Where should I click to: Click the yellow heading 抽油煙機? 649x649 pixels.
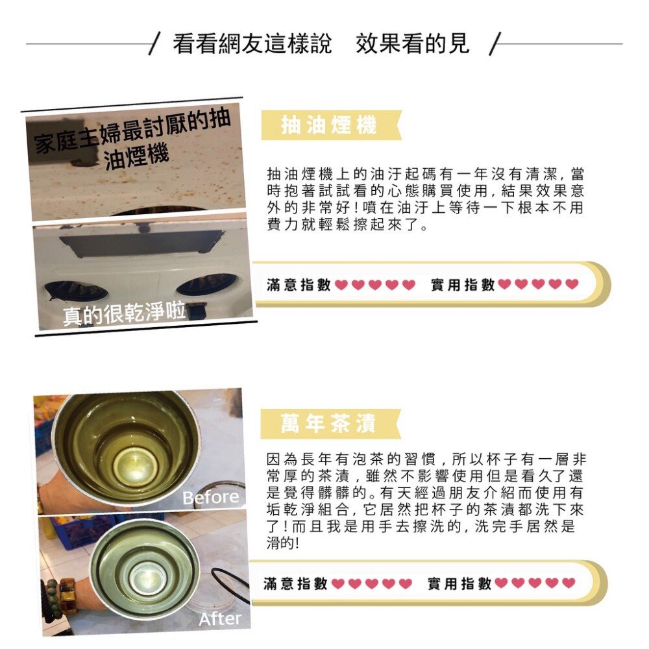click(x=329, y=125)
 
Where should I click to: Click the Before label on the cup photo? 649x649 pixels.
click(x=210, y=498)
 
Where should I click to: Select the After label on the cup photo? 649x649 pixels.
click(x=220, y=618)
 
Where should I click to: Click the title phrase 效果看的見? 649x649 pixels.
click(x=412, y=44)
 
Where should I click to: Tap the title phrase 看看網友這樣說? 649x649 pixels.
click(x=252, y=44)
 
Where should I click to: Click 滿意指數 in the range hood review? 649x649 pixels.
click(x=299, y=284)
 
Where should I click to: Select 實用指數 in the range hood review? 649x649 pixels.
click(x=463, y=284)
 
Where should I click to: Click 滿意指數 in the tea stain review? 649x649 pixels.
click(x=295, y=583)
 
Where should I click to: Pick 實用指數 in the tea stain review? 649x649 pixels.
click(x=459, y=583)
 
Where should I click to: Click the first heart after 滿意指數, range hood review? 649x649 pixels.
click(x=341, y=285)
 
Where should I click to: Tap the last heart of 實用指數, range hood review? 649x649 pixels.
click(x=572, y=284)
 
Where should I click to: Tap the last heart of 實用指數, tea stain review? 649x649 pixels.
click(x=569, y=583)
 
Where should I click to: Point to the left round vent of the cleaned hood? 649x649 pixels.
click(x=77, y=290)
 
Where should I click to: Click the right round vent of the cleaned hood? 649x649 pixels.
click(x=207, y=284)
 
